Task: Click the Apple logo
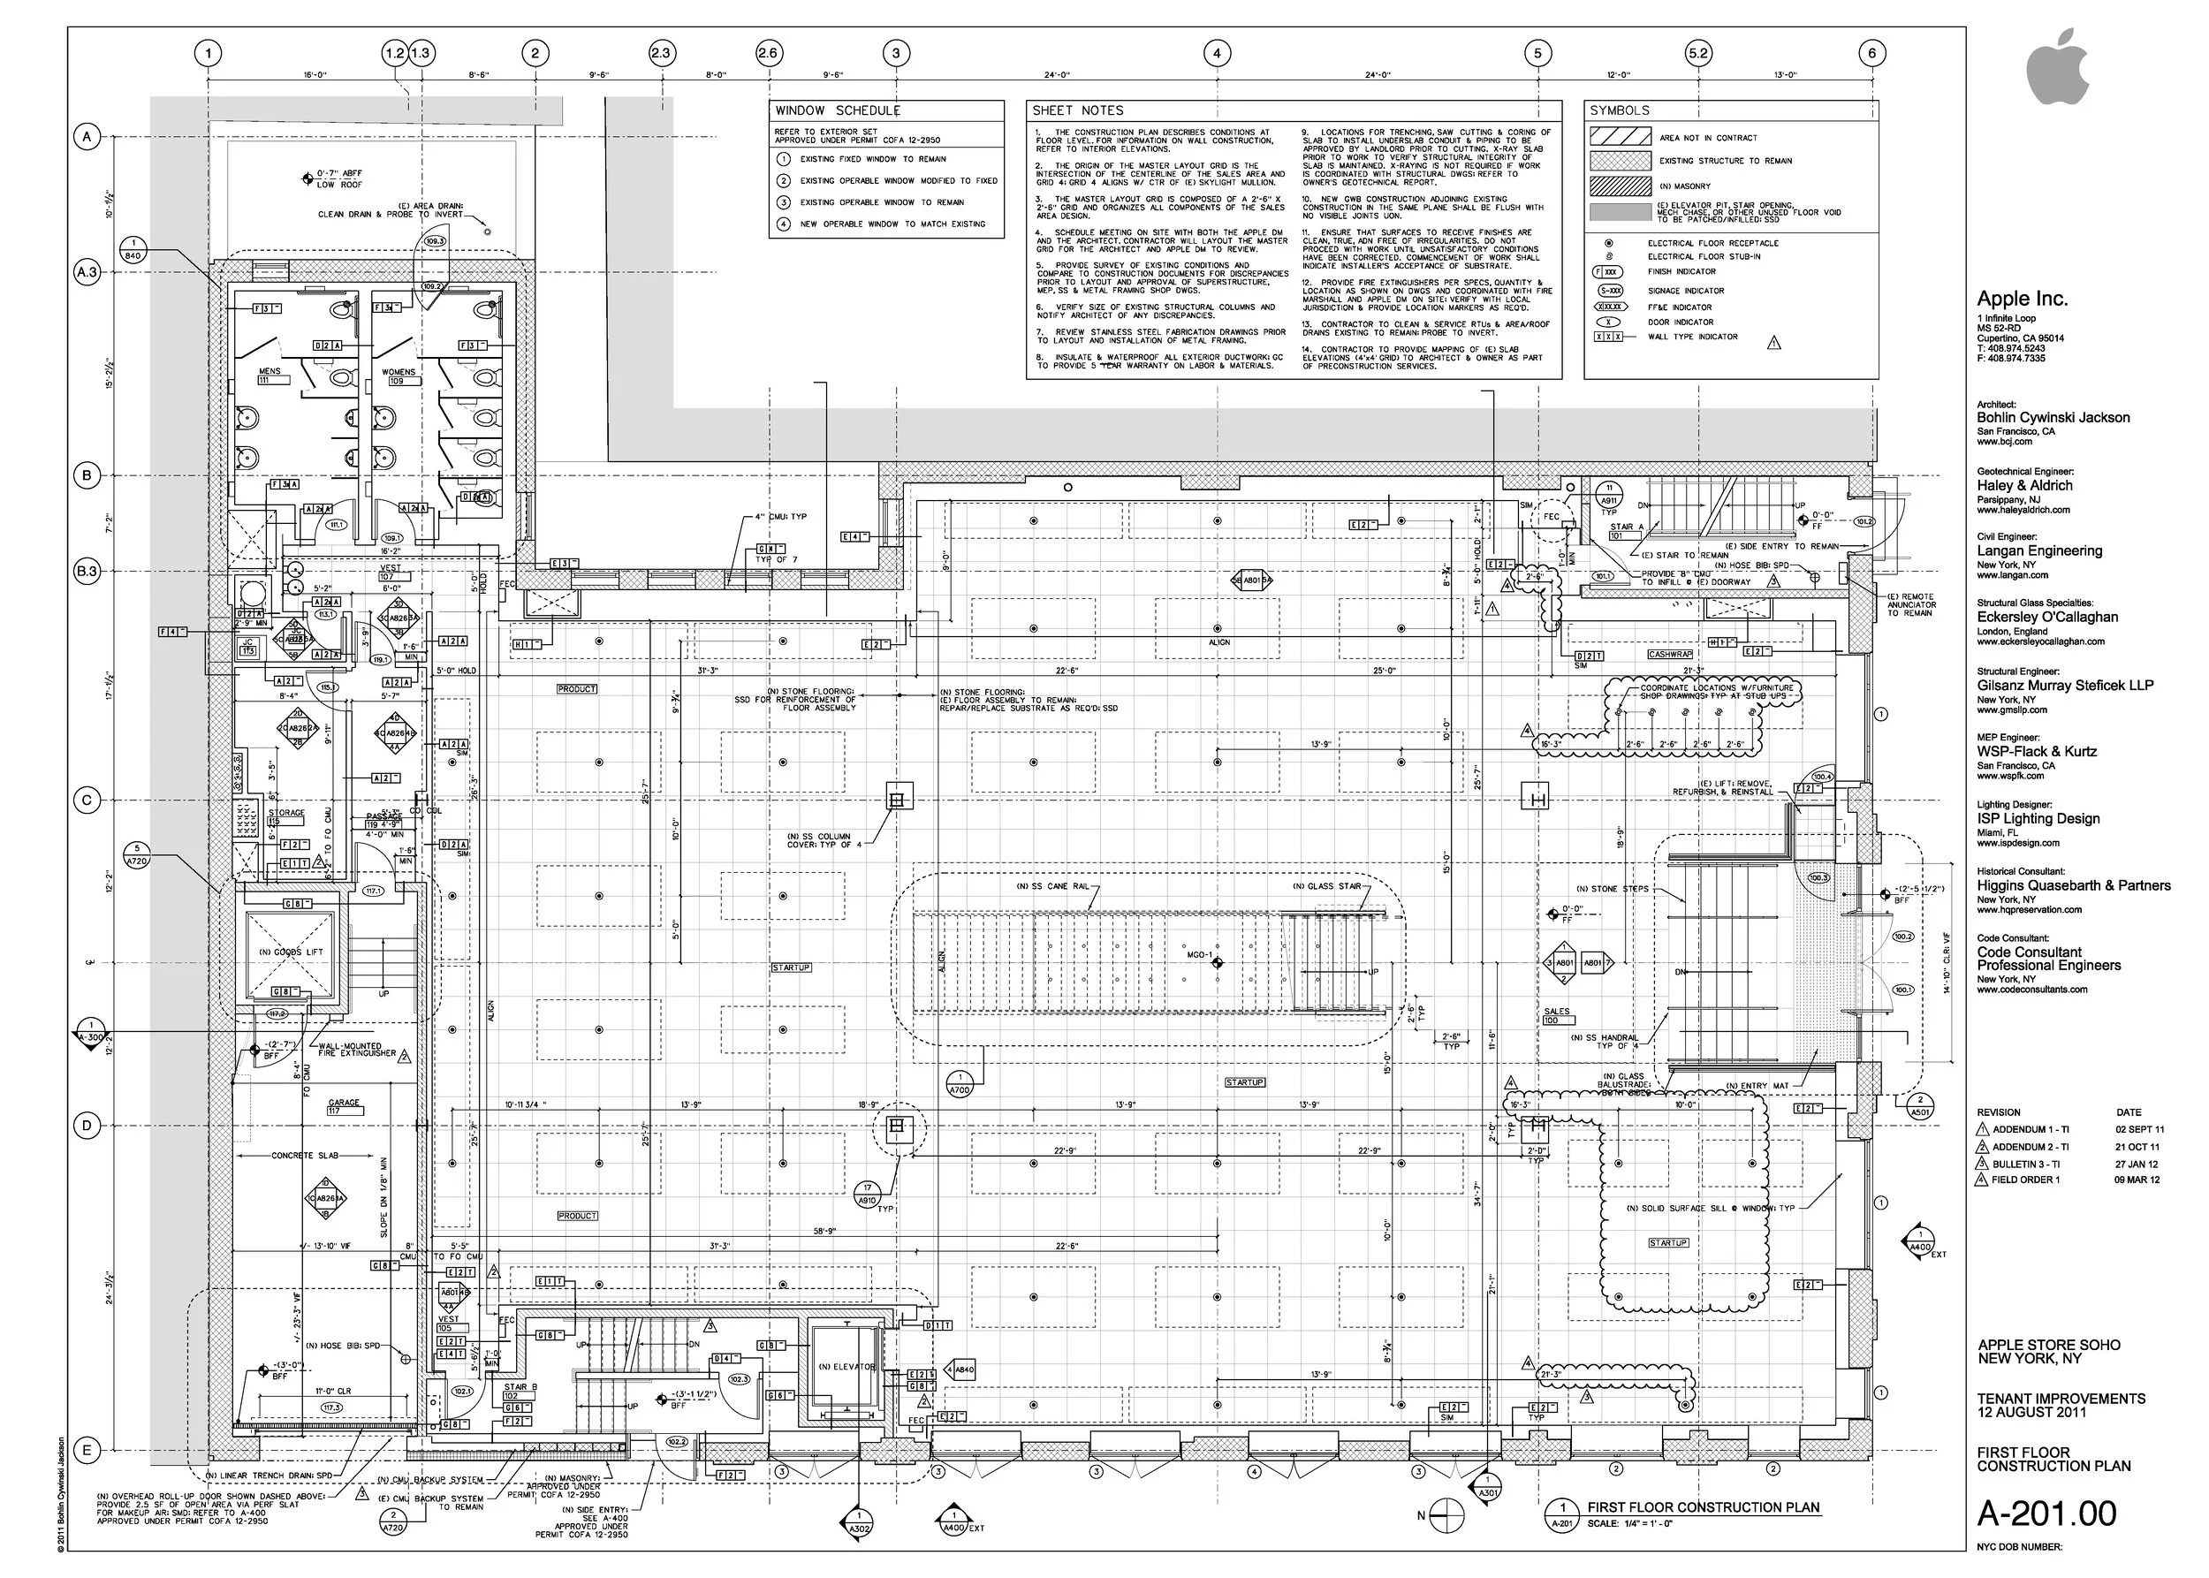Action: click(2057, 67)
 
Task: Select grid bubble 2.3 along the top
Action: click(661, 53)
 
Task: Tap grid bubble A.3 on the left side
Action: click(87, 272)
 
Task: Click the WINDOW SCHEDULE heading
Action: click(837, 110)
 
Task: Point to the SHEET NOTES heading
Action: click(1077, 110)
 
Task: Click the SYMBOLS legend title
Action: click(1619, 110)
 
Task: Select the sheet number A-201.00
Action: click(2046, 1513)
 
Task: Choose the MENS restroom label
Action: click(269, 372)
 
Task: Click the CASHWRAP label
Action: click(1670, 655)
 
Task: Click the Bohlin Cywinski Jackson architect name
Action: click(2053, 418)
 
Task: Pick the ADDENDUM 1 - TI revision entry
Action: click(2031, 1130)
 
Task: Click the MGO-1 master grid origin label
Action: click(1199, 955)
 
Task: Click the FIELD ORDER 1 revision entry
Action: click(2025, 1180)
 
